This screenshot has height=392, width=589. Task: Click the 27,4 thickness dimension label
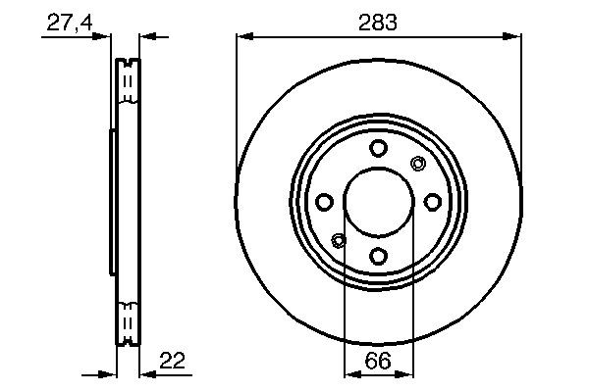tap(67, 22)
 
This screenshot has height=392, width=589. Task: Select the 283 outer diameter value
tap(378, 22)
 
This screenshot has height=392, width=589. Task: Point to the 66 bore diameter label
tap(378, 361)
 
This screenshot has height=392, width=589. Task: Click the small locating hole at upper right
tap(417, 164)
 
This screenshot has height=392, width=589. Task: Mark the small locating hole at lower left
tap(340, 240)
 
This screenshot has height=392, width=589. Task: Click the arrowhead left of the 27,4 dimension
tap(105, 37)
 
